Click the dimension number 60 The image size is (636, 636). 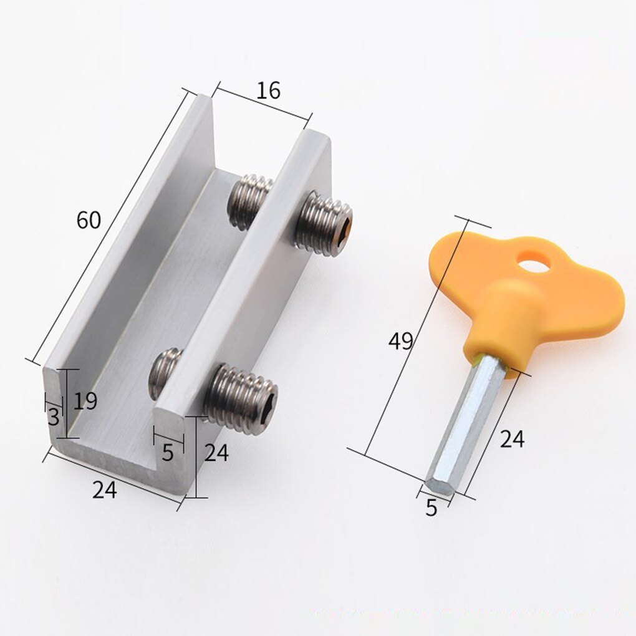[x=89, y=220]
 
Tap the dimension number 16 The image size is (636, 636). [x=268, y=91]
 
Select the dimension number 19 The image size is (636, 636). [x=85, y=401]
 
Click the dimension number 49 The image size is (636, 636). [x=400, y=341]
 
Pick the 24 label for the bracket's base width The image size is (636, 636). [x=105, y=490]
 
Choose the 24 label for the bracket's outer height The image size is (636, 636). [x=216, y=453]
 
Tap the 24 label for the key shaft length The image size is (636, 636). [x=512, y=440]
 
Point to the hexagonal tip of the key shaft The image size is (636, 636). [x=438, y=484]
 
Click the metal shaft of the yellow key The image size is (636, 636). [x=469, y=418]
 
